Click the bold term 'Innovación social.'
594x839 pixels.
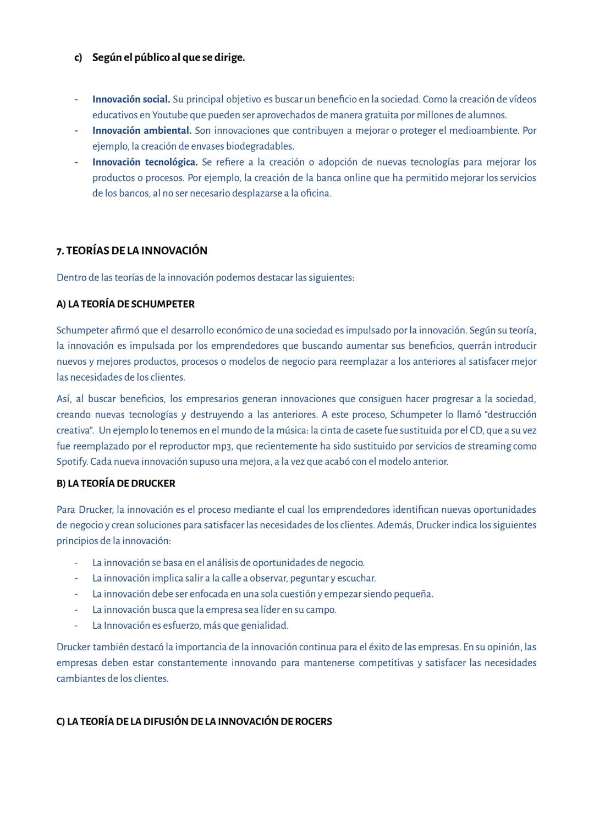[x=131, y=100]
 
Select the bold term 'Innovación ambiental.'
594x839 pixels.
[x=141, y=131]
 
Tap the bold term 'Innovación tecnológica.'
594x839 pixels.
[x=145, y=162]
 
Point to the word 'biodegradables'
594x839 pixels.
[x=260, y=147]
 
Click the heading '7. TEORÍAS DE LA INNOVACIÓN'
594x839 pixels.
[x=132, y=251]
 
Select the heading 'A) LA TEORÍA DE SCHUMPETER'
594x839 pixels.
[x=125, y=304]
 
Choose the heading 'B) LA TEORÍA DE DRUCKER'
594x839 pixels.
[x=116, y=484]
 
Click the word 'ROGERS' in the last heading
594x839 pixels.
[x=313, y=722]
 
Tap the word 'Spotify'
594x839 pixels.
[x=72, y=462]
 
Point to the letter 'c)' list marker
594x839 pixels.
[x=78, y=58]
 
